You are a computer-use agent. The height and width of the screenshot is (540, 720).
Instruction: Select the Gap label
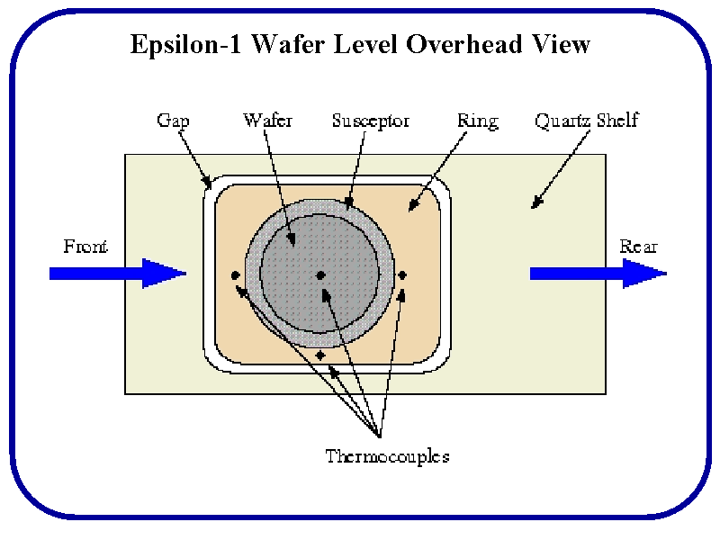pyautogui.click(x=173, y=121)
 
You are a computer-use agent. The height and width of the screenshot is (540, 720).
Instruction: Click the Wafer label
pyautogui.click(x=267, y=121)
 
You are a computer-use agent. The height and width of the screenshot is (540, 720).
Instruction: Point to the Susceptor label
pyautogui.click(x=371, y=121)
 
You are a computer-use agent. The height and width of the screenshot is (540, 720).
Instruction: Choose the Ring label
pyautogui.click(x=477, y=121)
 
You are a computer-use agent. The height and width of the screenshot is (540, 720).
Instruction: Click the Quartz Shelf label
pyautogui.click(x=586, y=121)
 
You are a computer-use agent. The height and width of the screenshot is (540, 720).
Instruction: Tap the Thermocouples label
pyautogui.click(x=387, y=456)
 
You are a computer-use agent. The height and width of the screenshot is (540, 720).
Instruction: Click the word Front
pyautogui.click(x=85, y=247)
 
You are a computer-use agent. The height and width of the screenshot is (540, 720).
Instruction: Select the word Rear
pyautogui.click(x=638, y=247)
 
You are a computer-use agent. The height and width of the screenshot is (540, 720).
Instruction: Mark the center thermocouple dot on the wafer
pyautogui.click(x=320, y=274)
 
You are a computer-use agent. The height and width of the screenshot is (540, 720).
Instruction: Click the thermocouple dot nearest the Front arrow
pyautogui.click(x=236, y=274)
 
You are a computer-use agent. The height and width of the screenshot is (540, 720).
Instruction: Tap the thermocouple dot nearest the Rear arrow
pyautogui.click(x=402, y=274)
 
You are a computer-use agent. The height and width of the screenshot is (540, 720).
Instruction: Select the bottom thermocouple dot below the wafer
pyautogui.click(x=320, y=355)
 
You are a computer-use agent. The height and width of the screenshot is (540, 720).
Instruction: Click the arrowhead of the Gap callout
pyautogui.click(x=209, y=186)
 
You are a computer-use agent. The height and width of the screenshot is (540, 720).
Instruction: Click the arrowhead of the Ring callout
pyautogui.click(x=412, y=209)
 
